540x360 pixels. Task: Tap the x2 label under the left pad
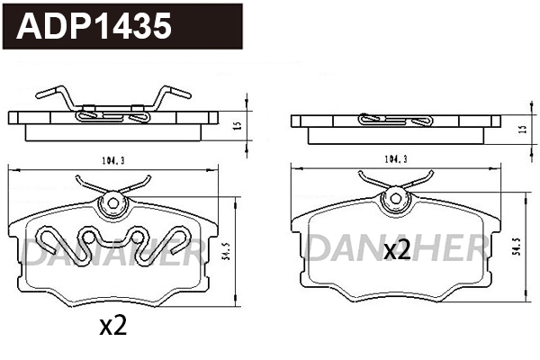[112, 327]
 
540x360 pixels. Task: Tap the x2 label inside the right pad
[396, 250]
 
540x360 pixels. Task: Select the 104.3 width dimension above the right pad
[394, 159]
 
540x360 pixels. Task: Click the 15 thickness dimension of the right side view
[523, 130]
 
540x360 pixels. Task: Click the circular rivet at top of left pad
[113, 203]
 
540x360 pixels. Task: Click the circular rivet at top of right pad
[393, 200]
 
